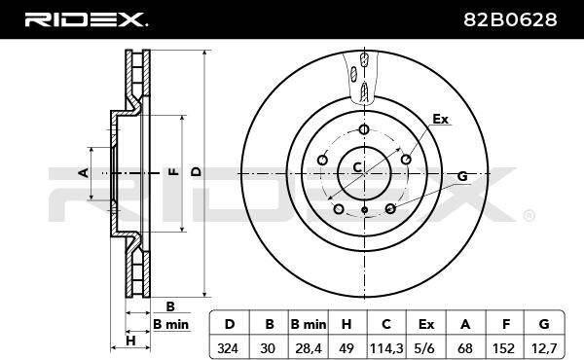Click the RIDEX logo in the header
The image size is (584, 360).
pos(86,19)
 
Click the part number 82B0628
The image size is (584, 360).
pos(510,19)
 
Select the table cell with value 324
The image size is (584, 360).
pos(228,348)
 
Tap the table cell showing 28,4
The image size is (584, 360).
pos(309,348)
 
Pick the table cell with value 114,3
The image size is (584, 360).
pos(386,348)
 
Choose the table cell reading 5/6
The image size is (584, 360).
pos(424,348)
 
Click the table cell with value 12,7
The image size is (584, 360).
pos(544,348)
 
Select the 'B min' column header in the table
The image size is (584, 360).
pos(309,324)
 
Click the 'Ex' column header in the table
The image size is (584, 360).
pos(426,324)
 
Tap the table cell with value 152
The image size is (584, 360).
pos(503,348)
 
